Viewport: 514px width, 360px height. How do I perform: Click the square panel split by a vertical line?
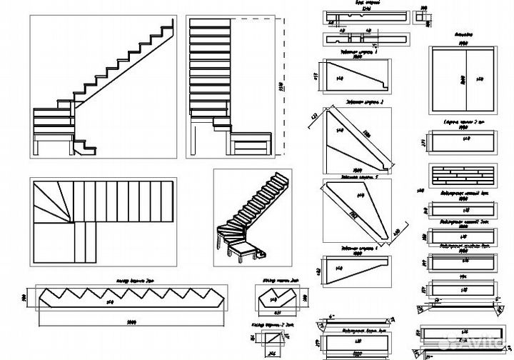[461, 79]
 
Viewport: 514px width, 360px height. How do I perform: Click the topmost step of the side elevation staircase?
[168, 27]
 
